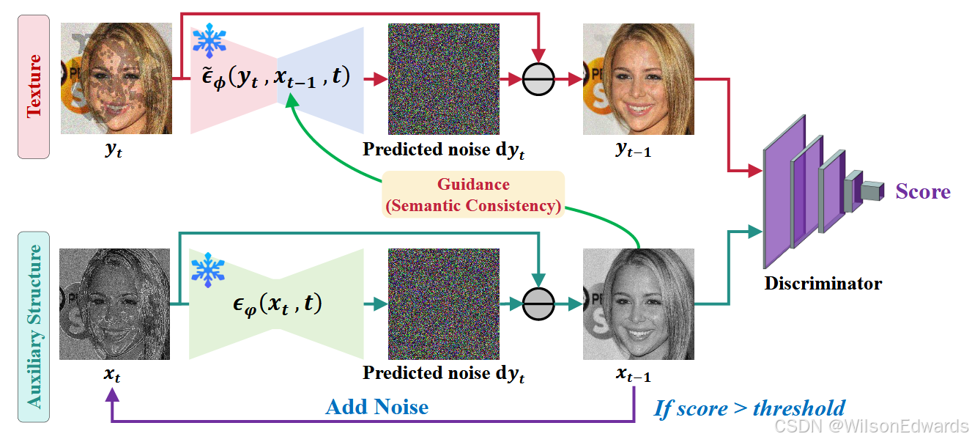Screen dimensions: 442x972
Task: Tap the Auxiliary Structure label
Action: click(34, 327)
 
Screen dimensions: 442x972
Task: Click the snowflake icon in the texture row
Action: click(209, 41)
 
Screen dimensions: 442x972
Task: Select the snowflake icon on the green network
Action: click(208, 270)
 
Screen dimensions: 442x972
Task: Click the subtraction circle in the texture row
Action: click(539, 79)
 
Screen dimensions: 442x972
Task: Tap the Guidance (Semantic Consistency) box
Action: click(473, 194)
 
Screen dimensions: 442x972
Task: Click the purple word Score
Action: click(922, 192)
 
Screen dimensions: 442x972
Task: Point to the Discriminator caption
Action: click(823, 283)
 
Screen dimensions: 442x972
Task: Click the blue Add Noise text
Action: click(376, 407)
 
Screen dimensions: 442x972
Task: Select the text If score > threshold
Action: click(749, 408)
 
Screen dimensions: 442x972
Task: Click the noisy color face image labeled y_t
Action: click(116, 78)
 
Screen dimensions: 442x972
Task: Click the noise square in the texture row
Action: click(443, 78)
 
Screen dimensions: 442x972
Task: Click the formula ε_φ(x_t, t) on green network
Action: click(277, 303)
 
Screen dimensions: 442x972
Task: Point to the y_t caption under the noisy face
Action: click(114, 151)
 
